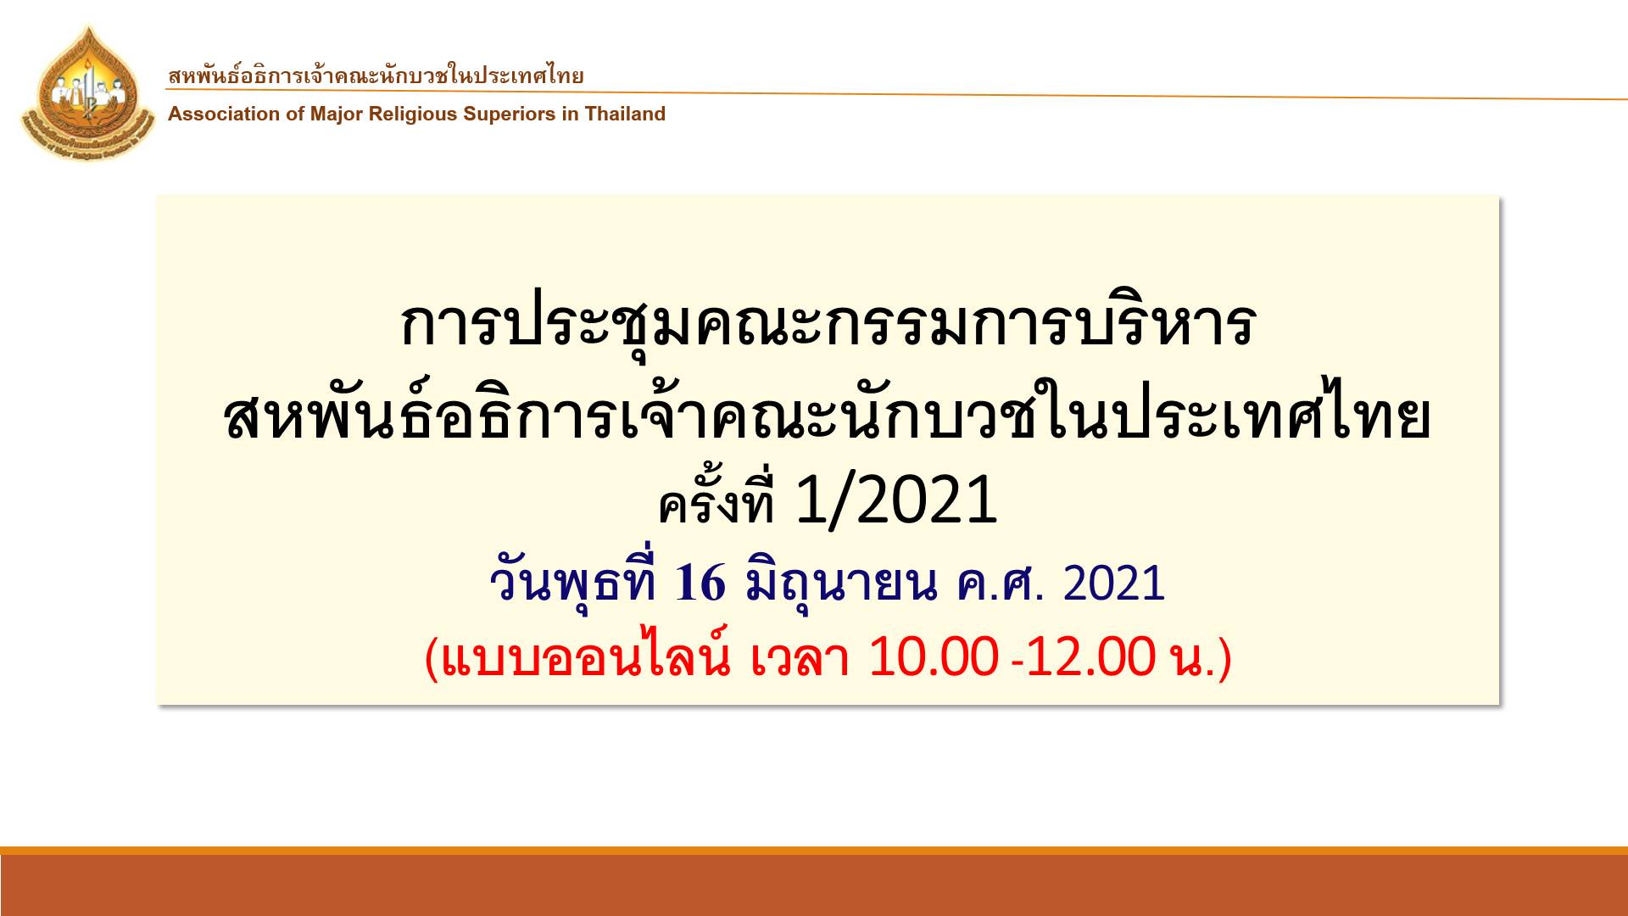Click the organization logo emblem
coord(88,94)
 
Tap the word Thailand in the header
coord(625,114)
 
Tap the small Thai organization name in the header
coord(376,75)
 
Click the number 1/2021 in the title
coord(896,500)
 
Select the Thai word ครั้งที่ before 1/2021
coord(717,500)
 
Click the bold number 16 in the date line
coord(700,583)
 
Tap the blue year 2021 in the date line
coord(1114,583)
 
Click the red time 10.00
coord(934,656)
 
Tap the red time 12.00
coord(1090,656)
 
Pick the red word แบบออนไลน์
coord(586,656)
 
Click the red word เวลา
coord(800,657)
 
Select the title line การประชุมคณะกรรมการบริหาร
coord(827,325)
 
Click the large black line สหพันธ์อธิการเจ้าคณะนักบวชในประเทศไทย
coord(827,415)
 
